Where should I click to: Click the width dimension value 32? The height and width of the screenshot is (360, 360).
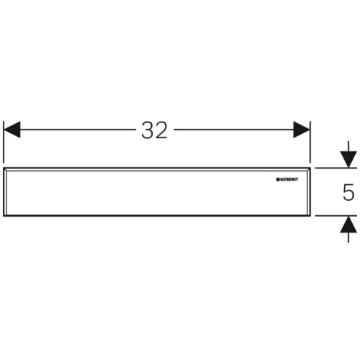(154, 130)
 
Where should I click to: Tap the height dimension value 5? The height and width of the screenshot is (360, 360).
(348, 192)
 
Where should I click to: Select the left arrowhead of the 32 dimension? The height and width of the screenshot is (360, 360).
(12, 130)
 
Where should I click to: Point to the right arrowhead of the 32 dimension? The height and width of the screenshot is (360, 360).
(302, 130)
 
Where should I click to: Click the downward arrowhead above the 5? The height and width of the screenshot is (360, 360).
(348, 160)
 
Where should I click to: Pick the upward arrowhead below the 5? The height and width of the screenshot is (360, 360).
(348, 224)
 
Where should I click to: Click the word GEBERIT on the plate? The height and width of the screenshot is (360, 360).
(289, 179)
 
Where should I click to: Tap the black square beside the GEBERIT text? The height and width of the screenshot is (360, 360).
(277, 179)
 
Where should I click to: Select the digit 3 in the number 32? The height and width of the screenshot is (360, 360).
(147, 130)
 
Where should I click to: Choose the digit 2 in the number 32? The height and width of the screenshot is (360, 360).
(161, 130)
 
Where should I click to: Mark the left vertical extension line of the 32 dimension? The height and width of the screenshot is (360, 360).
(4, 142)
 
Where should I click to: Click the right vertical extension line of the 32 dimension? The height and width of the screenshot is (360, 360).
(310, 142)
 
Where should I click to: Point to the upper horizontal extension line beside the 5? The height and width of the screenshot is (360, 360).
(336, 168)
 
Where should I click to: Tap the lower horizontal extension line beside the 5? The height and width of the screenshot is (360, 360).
(336, 216)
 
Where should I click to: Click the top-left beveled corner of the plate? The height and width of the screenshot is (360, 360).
(5, 169)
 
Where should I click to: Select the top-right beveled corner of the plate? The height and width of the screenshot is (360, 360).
(308, 169)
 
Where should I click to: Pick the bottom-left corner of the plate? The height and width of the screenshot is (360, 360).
(4, 216)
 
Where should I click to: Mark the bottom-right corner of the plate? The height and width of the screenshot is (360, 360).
(310, 216)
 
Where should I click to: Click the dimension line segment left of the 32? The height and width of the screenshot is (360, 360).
(78, 130)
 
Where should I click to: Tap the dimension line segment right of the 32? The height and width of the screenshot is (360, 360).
(234, 130)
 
